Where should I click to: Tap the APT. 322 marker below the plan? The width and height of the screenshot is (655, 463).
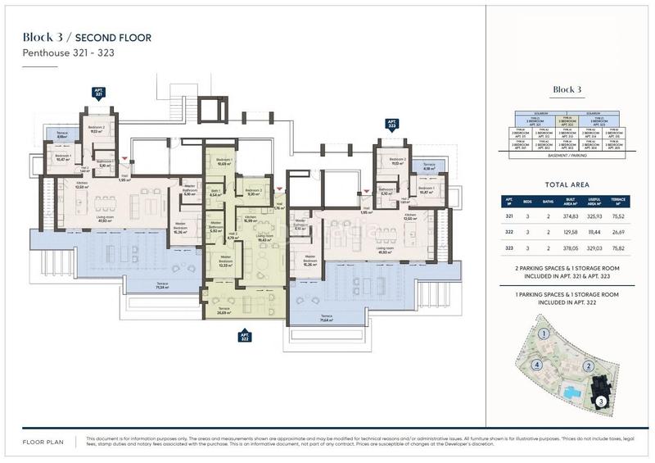pyautogui.click(x=244, y=335)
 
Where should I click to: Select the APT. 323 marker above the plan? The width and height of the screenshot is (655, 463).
pyautogui.click(x=391, y=125)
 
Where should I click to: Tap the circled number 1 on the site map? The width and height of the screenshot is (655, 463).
pyautogui.click(x=543, y=334)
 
